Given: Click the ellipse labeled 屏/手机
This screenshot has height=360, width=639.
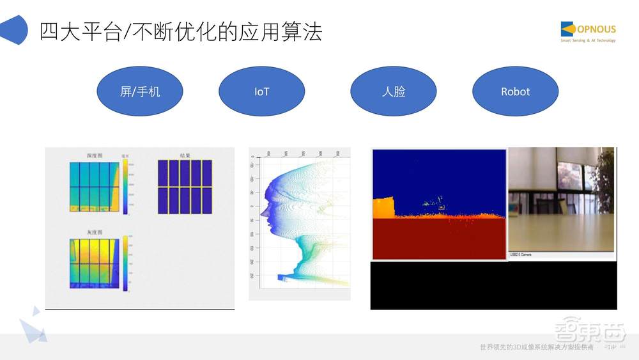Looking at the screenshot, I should [x=140, y=91].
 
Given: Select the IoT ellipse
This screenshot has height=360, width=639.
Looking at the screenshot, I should [x=261, y=91].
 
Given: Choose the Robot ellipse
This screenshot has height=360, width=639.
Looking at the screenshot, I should [x=515, y=91].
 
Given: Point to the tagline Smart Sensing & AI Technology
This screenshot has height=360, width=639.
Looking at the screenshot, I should [x=588, y=40].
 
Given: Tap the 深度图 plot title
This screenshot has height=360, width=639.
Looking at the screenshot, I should [x=95, y=155].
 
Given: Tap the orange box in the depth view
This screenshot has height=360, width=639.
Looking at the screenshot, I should [x=383, y=207].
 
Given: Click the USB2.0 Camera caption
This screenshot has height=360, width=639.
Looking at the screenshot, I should [x=521, y=254].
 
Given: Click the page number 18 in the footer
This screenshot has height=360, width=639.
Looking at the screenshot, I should [x=611, y=347].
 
